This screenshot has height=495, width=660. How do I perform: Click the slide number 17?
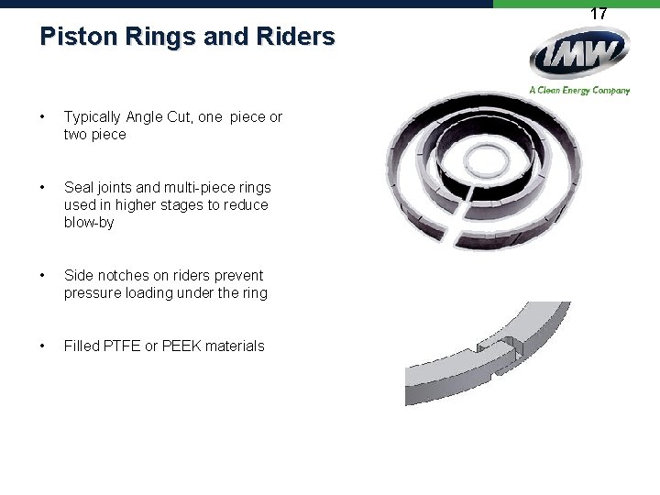(x=599, y=14)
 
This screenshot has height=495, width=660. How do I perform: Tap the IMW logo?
(x=579, y=57)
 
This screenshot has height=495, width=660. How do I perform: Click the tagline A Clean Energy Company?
(x=579, y=90)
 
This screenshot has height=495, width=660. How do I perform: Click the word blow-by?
(x=89, y=223)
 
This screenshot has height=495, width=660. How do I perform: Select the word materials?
(x=235, y=346)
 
